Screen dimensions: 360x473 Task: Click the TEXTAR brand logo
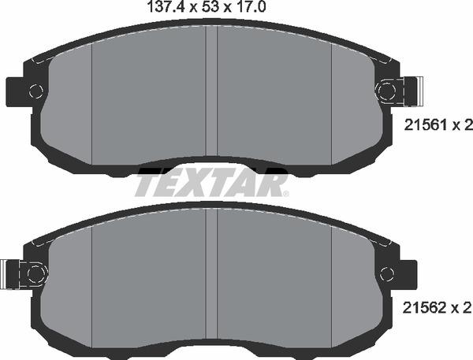[210, 184]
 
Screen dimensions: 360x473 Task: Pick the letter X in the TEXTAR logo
[199, 184]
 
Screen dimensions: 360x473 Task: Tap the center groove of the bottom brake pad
[211, 276]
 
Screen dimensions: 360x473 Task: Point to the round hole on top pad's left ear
[35, 91]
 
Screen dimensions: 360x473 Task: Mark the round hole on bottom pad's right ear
[387, 273]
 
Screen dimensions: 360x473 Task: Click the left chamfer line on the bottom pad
[93, 284]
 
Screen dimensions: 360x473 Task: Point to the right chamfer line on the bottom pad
[331, 284]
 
